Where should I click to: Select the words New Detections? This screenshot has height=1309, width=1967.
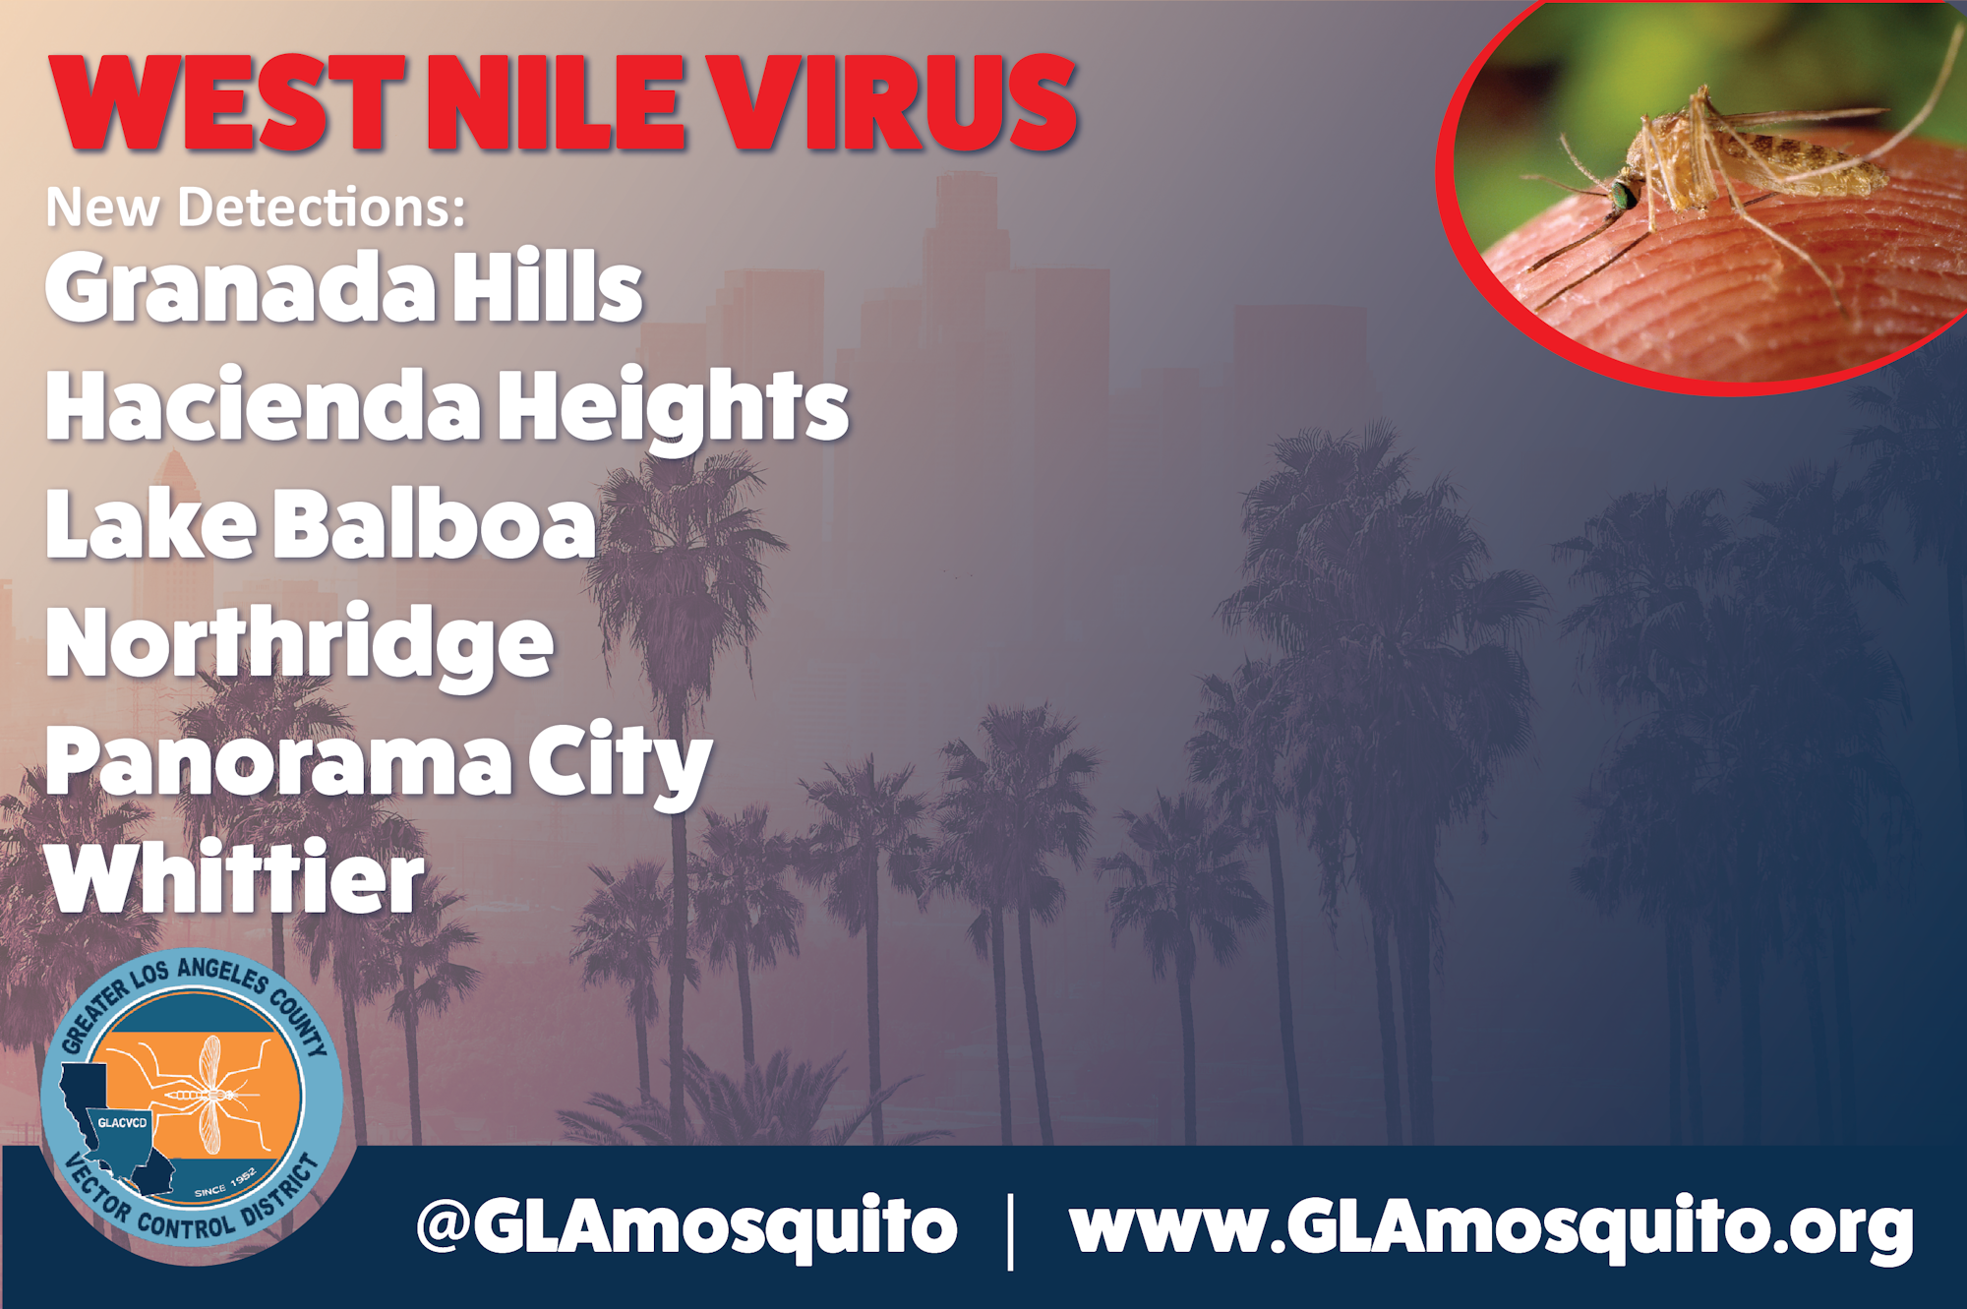tap(256, 208)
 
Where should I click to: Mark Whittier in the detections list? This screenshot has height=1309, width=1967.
tap(235, 877)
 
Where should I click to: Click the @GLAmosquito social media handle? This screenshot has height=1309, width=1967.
tap(686, 1226)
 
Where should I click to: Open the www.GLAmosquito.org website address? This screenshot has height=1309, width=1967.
tap(1491, 1226)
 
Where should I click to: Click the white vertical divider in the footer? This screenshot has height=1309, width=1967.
tap(1011, 1230)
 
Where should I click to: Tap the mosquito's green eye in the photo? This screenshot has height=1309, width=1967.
tap(1623, 194)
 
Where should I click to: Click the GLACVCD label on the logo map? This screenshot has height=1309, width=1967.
tap(122, 1122)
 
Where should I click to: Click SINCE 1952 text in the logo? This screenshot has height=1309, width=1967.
tap(225, 1183)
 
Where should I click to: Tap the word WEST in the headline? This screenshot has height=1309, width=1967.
tap(227, 102)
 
